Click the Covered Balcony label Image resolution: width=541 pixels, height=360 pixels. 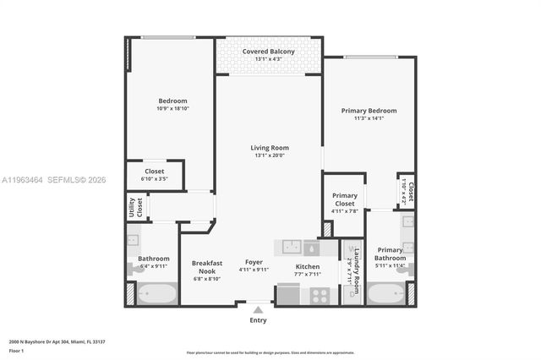pos(269,52)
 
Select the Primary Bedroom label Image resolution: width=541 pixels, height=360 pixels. pos(369,111)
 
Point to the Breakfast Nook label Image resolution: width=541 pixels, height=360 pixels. pos(206,266)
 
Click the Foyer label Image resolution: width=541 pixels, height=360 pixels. pos(254,262)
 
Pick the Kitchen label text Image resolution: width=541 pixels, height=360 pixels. pos(307,266)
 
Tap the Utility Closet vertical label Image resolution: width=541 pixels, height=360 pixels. pos(135,207)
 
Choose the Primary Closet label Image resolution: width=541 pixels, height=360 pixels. pos(344,199)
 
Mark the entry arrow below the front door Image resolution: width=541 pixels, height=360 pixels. pos(259,310)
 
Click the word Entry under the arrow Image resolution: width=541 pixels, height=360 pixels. pos(259,320)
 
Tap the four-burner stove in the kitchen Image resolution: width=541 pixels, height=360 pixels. pos(320,296)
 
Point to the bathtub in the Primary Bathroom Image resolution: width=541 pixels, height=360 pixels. pos(387,296)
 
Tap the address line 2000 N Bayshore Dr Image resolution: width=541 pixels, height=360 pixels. pos(57,341)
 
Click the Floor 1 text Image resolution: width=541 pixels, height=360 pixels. pos(16,350)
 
